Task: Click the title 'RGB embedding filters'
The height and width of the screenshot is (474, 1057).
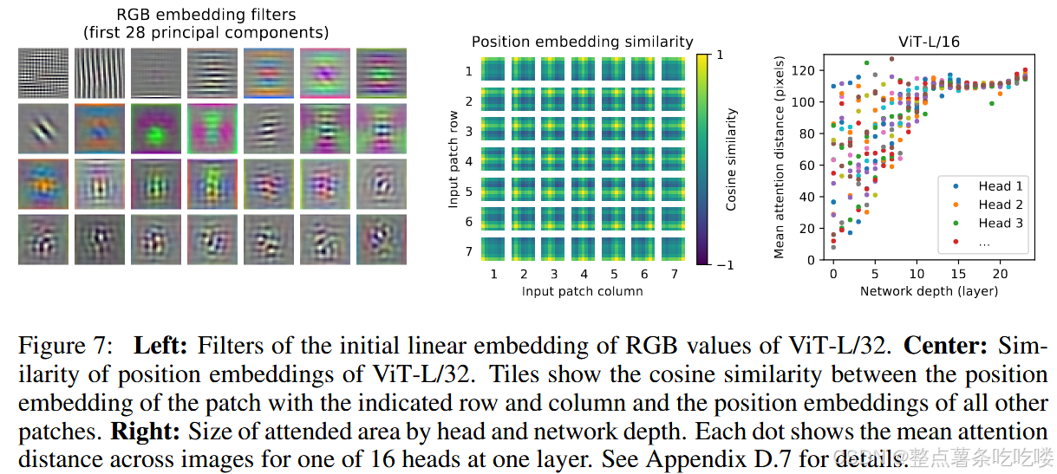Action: pos(206,15)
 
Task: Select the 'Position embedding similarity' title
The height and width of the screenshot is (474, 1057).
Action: pos(582,42)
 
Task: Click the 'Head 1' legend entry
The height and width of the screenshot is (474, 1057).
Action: pos(1000,186)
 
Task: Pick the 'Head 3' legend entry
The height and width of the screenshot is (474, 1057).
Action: pos(1000,224)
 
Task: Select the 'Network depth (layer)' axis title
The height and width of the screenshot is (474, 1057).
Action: pos(929,291)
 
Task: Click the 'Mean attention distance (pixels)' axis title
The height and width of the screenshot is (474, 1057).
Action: pos(779,157)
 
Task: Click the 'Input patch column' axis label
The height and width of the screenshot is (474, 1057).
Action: pos(582,291)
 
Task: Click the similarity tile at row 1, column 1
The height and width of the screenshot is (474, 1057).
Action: pos(493,70)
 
